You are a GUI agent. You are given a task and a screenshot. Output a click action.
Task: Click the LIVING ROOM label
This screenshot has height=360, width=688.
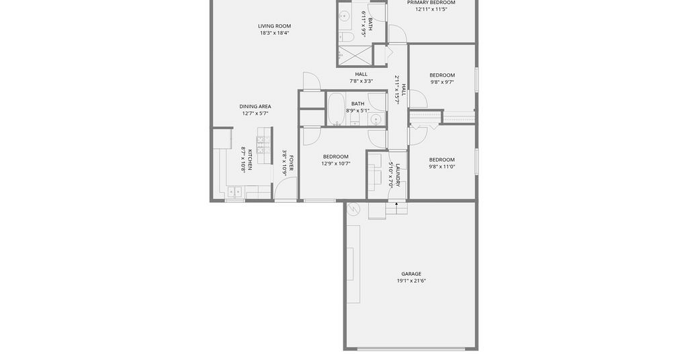coord(274,26)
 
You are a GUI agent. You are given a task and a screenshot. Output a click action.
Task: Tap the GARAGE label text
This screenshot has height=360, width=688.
coord(411,274)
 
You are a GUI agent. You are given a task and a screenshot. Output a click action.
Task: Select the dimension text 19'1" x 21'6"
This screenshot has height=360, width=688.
coord(411,281)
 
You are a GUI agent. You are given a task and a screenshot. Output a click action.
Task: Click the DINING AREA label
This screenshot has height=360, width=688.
coord(255,107)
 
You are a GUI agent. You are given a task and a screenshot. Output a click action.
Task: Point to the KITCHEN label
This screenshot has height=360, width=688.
coord(250,160)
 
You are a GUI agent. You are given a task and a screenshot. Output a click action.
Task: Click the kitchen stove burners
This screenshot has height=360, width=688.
coord(263,144)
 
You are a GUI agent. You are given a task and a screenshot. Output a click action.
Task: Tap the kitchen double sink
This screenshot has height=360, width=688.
coord(234,191)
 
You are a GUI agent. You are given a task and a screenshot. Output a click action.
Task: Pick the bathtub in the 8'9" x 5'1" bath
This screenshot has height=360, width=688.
coord(336,109)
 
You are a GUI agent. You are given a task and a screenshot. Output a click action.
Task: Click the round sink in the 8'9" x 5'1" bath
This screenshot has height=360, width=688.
coord(375,119)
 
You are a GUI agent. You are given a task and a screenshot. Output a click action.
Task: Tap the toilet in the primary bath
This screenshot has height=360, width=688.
coord(347,37)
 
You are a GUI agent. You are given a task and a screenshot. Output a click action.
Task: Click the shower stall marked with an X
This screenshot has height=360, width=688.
coord(355,55)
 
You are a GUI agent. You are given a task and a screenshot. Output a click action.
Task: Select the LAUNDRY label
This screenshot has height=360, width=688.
coord(398,175)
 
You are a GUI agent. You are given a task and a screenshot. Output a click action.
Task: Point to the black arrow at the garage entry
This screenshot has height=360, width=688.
coord(396,204)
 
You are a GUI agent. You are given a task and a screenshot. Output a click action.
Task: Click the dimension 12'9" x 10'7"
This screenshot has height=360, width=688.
coord(336,164)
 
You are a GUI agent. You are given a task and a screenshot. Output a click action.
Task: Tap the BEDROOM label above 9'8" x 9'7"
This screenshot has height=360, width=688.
coord(442,75)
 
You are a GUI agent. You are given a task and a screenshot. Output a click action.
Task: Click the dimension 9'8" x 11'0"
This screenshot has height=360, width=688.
coord(442,167)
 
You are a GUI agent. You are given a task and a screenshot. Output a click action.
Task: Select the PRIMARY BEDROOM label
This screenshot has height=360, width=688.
coord(431,3)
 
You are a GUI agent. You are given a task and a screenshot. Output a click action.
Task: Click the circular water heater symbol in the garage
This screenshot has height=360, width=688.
coord(353,209)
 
